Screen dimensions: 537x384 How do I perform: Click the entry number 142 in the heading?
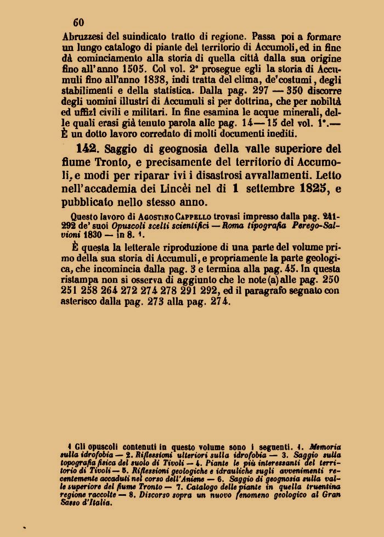click(88, 149)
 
